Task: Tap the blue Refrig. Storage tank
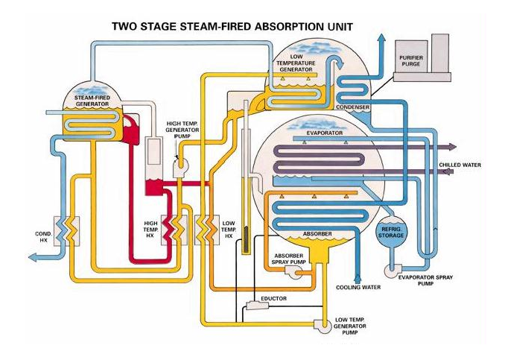pyautogui.click(x=392, y=233)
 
